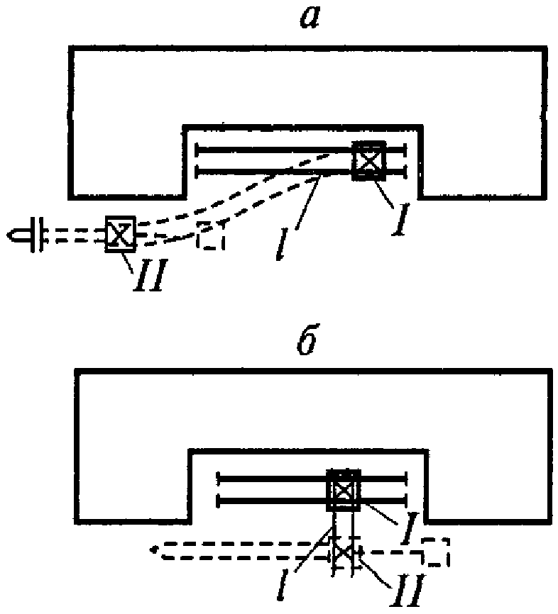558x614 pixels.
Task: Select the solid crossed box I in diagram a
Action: [369, 160]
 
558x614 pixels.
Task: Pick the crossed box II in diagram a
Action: [120, 235]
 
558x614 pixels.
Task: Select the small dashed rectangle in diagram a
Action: [211, 237]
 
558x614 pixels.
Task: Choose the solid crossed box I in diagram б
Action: [344, 489]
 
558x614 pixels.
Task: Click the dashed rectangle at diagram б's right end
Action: [435, 552]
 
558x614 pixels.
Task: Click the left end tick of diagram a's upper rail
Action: [196, 150]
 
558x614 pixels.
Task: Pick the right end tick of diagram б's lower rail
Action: [405, 501]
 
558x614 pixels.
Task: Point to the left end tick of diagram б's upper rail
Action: [218, 478]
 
